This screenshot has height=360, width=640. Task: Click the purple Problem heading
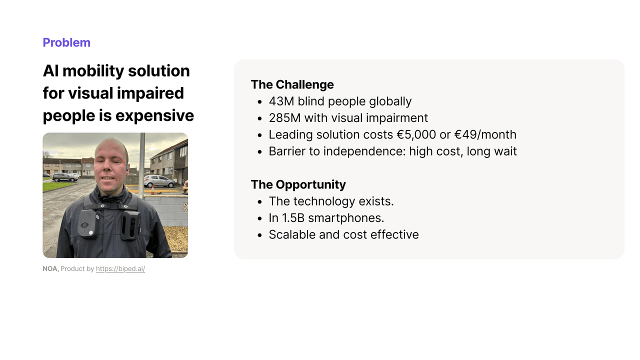click(66, 42)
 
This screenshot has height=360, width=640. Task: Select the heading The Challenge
click(292, 84)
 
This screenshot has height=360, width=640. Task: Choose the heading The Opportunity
click(298, 184)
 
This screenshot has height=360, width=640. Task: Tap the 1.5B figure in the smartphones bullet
click(292, 218)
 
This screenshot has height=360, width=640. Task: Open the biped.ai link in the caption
click(120, 269)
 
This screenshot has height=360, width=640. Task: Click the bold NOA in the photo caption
click(50, 269)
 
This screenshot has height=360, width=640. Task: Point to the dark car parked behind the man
click(65, 177)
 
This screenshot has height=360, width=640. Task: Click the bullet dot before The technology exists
click(259, 202)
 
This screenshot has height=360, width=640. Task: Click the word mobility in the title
click(93, 71)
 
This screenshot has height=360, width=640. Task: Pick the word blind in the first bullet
click(313, 101)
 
